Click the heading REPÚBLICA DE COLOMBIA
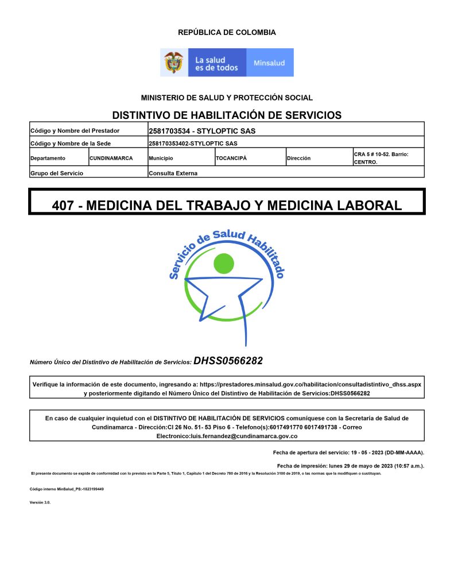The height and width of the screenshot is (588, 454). coord(227,33)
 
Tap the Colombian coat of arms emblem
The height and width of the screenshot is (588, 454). coord(174,62)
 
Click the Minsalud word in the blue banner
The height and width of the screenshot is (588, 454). coord(269,63)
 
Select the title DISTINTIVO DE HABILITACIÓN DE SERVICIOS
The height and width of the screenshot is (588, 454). coord(227,115)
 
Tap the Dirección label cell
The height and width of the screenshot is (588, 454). coord(299,158)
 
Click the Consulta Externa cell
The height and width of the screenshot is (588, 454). coord(173,173)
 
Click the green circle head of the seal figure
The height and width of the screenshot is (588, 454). coord(223,264)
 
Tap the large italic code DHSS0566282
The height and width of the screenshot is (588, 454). coord(228,361)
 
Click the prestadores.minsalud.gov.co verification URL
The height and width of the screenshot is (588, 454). coord(311,384)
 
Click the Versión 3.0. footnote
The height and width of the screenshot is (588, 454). coord(40,502)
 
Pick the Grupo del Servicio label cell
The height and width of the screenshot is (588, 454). coord(57,173)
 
